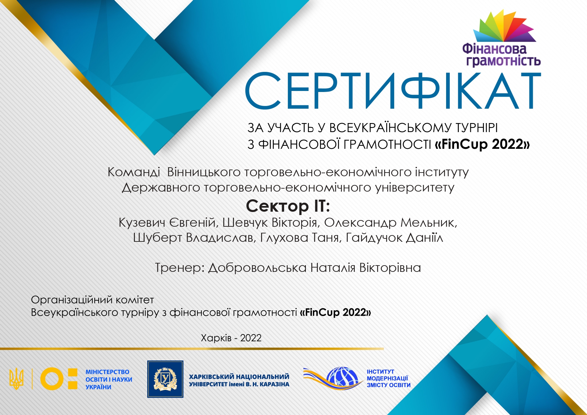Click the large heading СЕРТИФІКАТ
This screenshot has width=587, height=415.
(393, 91)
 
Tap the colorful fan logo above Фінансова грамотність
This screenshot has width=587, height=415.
(504, 26)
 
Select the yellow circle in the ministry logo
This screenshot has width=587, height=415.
(52, 379)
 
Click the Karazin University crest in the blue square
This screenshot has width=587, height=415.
(165, 379)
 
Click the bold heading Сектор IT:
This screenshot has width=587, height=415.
(288, 206)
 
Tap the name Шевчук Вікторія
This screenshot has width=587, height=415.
(270, 223)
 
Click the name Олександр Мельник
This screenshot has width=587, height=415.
(391, 223)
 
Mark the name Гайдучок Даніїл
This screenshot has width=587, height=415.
(395, 238)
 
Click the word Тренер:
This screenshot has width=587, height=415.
(180, 268)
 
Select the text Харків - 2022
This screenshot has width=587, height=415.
(231, 338)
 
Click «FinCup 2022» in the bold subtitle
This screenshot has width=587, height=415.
(482, 144)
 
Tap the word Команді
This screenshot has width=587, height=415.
(134, 172)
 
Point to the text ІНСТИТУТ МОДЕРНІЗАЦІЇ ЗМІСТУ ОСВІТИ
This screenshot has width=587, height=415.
(389, 378)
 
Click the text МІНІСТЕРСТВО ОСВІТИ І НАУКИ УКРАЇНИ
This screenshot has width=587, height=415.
(109, 379)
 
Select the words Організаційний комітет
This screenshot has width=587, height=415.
(92, 300)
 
